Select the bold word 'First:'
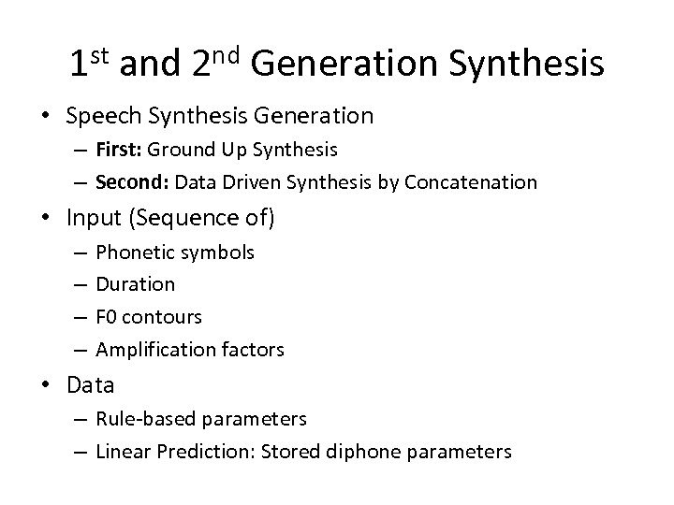pyautogui.click(x=120, y=150)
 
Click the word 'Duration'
pyautogui.click(x=136, y=284)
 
